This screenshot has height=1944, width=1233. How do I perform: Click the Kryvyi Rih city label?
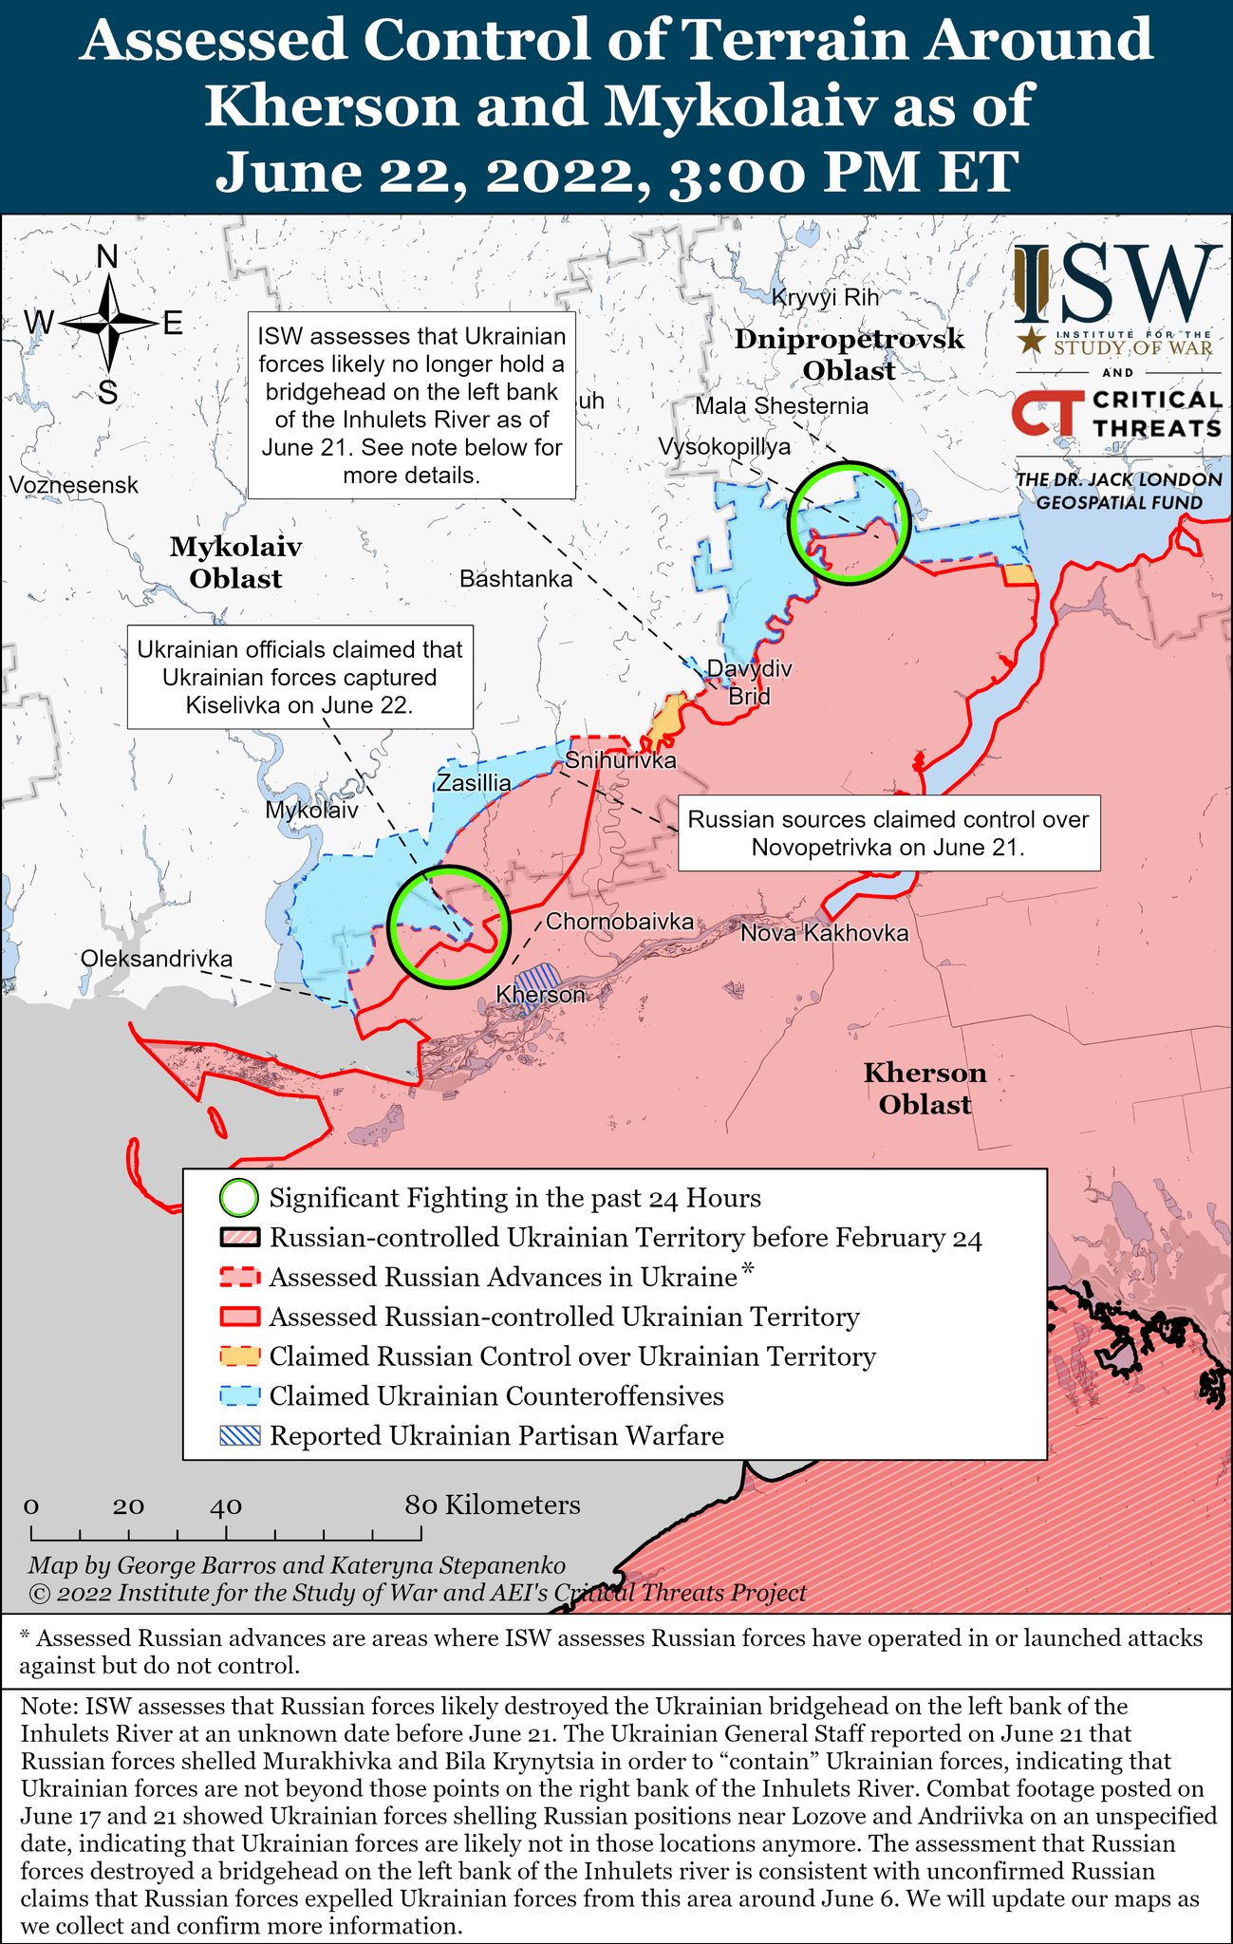click(x=825, y=297)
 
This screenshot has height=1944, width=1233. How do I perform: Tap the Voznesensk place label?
click(x=74, y=485)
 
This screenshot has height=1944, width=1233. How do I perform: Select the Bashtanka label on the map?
click(x=515, y=579)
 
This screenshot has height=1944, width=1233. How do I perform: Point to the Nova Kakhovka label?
click(x=824, y=933)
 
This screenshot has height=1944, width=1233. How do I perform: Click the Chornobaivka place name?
click(x=619, y=922)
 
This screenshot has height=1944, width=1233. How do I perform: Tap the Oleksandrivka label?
click(x=157, y=959)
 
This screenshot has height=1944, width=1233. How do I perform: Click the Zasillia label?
click(x=473, y=783)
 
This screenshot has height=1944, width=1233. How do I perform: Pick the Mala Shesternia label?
click(x=781, y=406)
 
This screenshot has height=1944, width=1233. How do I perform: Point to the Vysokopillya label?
click(x=724, y=446)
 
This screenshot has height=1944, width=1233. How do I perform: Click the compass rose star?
click(x=109, y=324)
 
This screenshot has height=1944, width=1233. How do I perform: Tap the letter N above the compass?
click(x=108, y=256)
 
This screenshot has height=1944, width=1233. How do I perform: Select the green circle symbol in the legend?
click(x=238, y=1198)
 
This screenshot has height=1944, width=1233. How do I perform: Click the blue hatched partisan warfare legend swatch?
click(x=239, y=1436)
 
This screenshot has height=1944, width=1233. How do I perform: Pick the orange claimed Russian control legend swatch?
click(x=239, y=1356)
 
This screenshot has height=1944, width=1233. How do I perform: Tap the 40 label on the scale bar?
click(x=226, y=1505)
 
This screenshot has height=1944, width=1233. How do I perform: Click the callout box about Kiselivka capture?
click(x=300, y=677)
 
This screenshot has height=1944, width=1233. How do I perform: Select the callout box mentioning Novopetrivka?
click(x=888, y=832)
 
